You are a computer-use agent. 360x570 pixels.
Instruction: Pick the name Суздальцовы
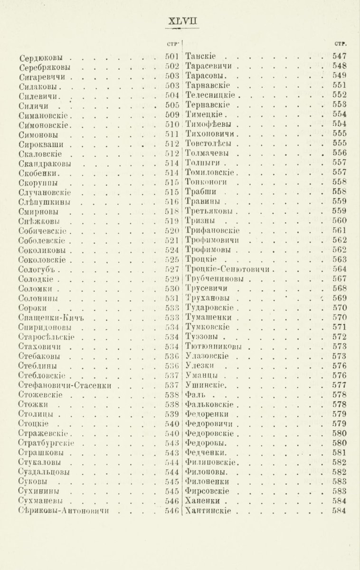click(46, 472)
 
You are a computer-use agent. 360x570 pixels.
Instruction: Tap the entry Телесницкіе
click(209, 95)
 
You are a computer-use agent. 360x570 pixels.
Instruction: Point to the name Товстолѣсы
click(209, 143)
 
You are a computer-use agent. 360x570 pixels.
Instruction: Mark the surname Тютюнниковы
click(212, 346)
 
